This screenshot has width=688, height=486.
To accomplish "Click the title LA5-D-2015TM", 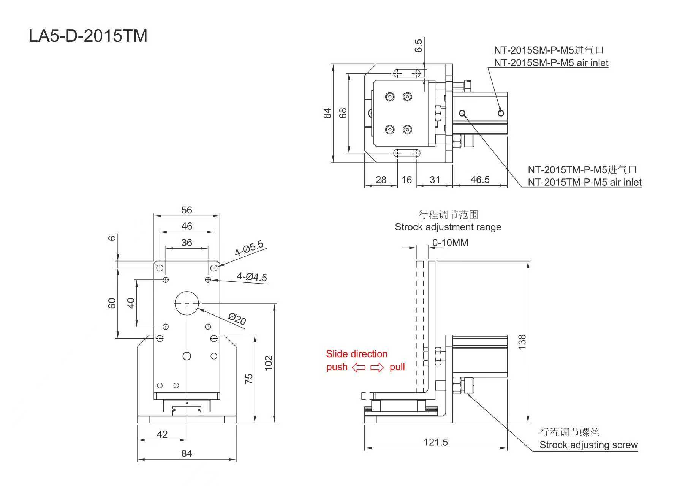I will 88,36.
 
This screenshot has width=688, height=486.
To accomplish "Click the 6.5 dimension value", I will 418,46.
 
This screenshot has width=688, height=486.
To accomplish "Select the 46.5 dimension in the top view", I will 480,180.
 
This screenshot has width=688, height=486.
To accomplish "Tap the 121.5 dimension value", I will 436,442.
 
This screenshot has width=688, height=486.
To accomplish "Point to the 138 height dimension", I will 522,342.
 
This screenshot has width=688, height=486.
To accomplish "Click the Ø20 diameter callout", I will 237,319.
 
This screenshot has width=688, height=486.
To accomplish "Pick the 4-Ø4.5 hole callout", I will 252,277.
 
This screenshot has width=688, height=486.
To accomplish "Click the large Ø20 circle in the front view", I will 187,303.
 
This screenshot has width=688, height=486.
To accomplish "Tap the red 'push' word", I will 337,367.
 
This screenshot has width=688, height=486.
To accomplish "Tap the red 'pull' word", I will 397,367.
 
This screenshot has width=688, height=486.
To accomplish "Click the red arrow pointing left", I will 359,368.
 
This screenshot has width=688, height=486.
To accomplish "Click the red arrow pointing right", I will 377,368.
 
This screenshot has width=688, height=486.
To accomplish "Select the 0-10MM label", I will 450,243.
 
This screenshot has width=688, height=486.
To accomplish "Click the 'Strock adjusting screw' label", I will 588,445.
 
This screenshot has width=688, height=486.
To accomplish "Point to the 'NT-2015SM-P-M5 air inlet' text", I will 551,63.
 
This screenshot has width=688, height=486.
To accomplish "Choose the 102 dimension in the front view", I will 269,363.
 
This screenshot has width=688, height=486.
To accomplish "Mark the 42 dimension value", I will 162,434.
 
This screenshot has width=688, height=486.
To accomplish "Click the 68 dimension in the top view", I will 343,113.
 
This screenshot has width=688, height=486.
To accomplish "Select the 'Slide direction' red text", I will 357,354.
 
